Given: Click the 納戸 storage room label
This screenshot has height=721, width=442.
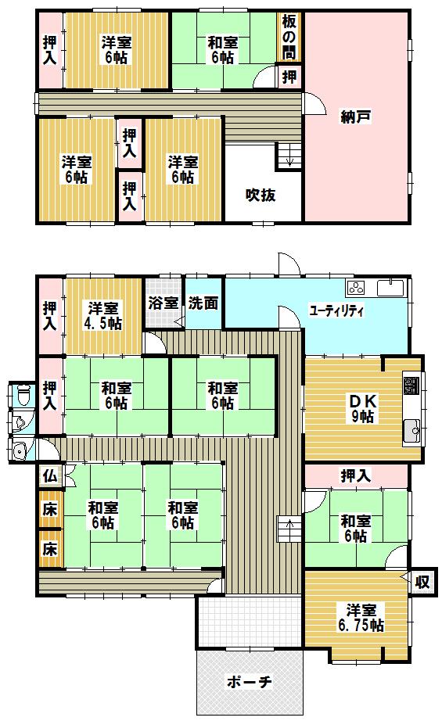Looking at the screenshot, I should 355,117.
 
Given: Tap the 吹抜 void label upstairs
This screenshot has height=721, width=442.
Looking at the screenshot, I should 261,195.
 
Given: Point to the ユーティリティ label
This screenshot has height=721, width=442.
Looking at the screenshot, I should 336,310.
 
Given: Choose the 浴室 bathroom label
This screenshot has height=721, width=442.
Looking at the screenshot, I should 164,303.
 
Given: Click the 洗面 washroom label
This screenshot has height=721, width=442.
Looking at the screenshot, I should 203,303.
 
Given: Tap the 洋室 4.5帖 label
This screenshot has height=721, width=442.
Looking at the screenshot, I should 103,315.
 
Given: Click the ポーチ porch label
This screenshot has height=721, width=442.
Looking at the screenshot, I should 249,682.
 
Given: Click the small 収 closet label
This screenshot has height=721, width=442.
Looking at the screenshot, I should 422,582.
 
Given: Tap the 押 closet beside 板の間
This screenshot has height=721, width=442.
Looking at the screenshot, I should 289,77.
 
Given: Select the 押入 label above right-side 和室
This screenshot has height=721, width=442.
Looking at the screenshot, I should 355,475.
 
